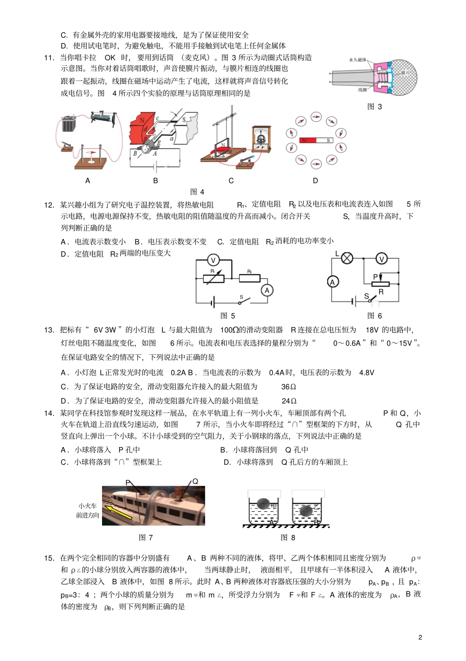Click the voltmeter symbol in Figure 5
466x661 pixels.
click(213, 260)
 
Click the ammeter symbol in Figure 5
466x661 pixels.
click(267, 291)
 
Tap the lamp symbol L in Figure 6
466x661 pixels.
click(347, 258)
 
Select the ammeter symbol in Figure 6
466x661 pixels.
click(333, 282)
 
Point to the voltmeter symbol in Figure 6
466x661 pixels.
click(382, 259)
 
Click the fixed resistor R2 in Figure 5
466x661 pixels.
click(250, 278)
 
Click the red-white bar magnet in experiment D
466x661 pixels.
click(316, 140)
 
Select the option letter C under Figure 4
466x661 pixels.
click(231, 181)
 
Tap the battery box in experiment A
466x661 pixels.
click(68, 124)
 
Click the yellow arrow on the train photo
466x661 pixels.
click(119, 513)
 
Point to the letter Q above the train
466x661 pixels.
click(195, 481)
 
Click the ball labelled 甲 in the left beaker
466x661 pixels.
click(264, 504)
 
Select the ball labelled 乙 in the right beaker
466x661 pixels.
click(307, 510)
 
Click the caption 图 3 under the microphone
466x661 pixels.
click(374, 106)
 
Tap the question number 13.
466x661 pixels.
click(49, 330)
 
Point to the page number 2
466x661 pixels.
click(420, 637)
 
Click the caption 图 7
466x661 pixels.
click(146, 537)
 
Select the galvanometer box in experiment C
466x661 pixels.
click(261, 139)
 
